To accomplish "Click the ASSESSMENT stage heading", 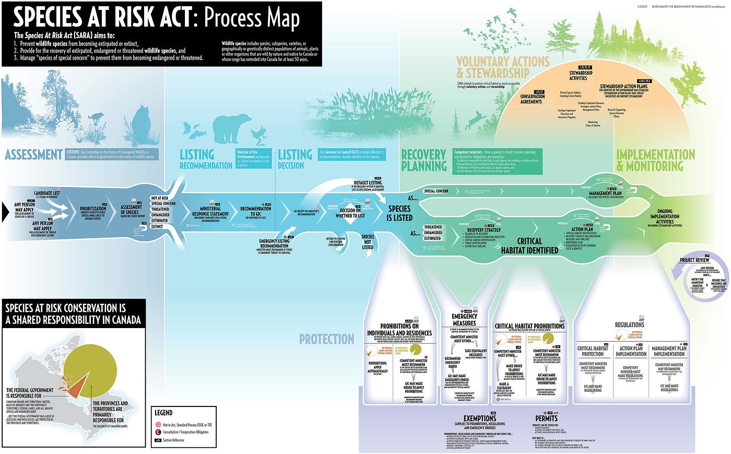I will (x=33, y=155).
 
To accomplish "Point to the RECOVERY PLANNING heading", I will (x=423, y=160).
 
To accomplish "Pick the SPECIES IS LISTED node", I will (x=399, y=213).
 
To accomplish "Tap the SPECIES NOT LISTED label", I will (x=368, y=242).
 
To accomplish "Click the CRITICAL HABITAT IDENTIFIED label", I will (x=529, y=246).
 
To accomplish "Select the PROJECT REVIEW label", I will (x=694, y=260).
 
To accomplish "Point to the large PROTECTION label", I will (x=327, y=339).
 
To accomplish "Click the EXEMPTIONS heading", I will (x=479, y=418).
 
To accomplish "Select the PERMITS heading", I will (x=546, y=418).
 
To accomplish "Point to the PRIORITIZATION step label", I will (x=93, y=208).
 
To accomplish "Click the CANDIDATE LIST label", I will (x=47, y=193).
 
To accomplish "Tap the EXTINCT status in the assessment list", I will (x=157, y=227).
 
